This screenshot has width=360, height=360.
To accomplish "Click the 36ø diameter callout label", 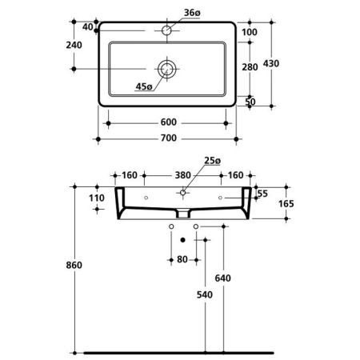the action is (192, 13).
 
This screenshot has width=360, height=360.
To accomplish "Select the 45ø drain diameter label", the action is (144, 86).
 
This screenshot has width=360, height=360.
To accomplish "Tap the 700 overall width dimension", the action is (169, 138).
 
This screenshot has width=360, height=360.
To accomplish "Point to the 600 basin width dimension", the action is (169, 122).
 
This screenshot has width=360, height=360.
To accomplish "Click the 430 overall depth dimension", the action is (271, 63).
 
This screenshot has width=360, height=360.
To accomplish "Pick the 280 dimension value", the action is (250, 67).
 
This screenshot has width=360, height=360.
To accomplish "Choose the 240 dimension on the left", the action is (74, 45).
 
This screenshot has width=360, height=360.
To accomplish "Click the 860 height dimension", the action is (74, 265).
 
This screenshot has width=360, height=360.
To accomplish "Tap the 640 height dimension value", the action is (222, 278).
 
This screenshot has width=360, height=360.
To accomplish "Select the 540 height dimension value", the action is (205, 294).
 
